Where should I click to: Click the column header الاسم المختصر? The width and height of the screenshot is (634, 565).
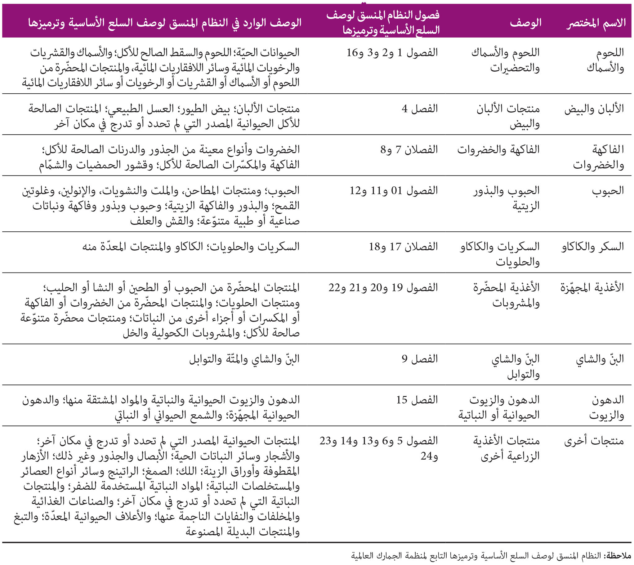(x=596, y=23)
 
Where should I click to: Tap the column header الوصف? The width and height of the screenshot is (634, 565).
(x=525, y=23)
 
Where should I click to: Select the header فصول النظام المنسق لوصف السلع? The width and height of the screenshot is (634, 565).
(x=383, y=22)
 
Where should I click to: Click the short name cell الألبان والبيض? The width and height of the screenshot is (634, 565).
(x=594, y=109)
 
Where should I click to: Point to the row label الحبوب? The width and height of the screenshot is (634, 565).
(x=608, y=191)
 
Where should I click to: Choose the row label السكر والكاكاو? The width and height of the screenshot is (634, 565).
(x=592, y=247)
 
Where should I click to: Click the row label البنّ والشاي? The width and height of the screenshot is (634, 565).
(x=600, y=359)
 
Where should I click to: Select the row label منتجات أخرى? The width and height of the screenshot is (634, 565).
(x=594, y=441)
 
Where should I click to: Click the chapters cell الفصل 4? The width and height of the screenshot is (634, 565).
(x=419, y=109)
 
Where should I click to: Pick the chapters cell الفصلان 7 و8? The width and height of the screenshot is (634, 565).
(x=409, y=150)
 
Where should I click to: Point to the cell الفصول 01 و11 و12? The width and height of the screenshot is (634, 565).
(x=394, y=191)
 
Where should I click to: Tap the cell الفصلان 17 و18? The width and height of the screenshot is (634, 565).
(x=403, y=247)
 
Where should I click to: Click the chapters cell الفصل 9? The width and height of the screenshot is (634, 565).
(x=419, y=359)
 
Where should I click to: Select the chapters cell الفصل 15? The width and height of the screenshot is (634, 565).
(x=417, y=400)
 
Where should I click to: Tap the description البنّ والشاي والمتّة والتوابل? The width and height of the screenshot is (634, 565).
(x=244, y=359)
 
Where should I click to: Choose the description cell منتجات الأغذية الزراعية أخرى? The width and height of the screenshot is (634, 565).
(x=507, y=449)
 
